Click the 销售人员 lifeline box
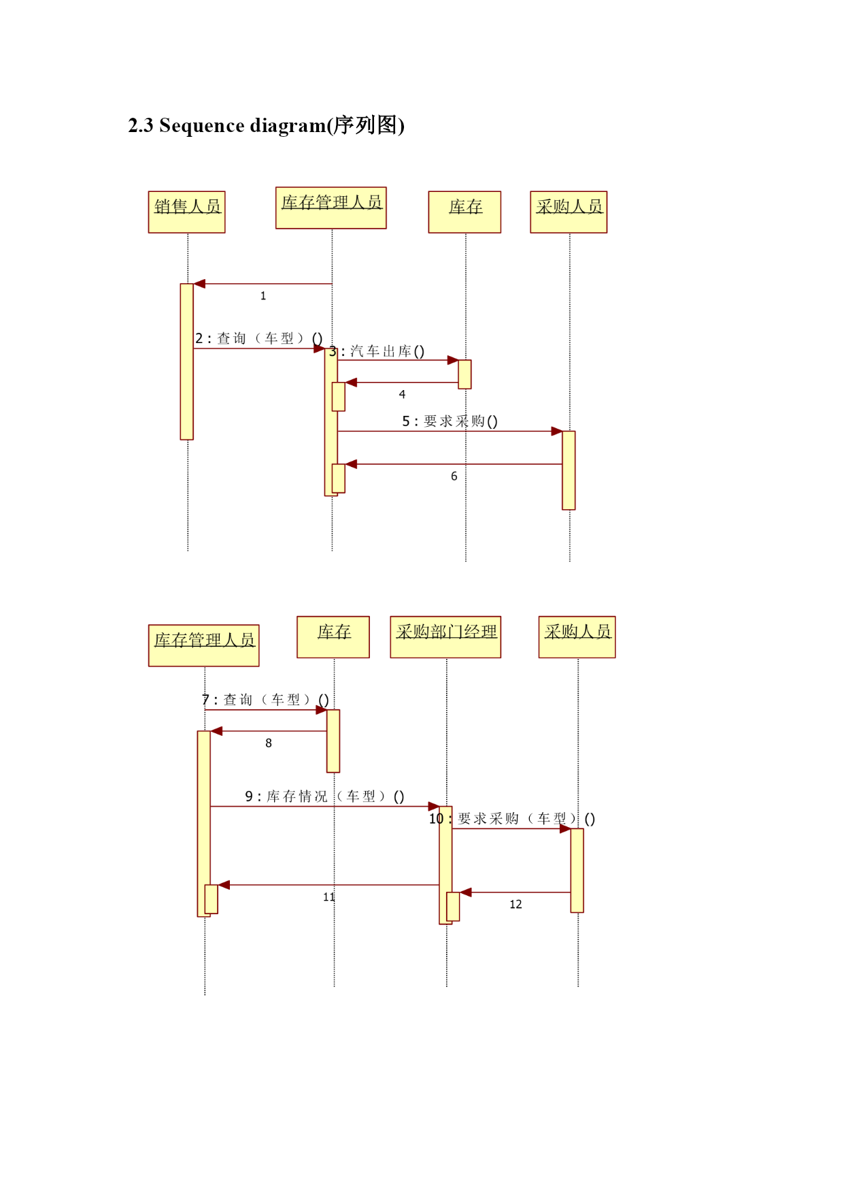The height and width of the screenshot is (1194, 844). (x=186, y=212)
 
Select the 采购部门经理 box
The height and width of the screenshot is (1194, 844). (x=445, y=637)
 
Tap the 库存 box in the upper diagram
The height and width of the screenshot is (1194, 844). (x=465, y=212)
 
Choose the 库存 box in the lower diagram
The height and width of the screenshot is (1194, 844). (x=333, y=637)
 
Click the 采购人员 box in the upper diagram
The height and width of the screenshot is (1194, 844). (x=569, y=212)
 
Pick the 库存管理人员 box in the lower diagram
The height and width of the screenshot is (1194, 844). (x=204, y=645)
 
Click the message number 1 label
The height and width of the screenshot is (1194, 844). (x=263, y=296)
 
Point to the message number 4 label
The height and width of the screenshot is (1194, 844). (x=402, y=394)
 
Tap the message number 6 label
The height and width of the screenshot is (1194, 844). (x=454, y=477)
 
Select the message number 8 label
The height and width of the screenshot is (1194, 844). (x=269, y=743)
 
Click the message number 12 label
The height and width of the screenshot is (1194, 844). (x=516, y=905)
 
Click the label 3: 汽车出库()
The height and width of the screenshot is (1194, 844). (x=377, y=351)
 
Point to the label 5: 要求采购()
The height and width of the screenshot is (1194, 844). (x=450, y=421)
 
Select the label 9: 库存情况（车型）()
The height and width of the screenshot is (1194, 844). (x=324, y=796)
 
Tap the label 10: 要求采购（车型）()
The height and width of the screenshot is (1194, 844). (x=511, y=819)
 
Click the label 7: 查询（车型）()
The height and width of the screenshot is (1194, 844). (x=265, y=700)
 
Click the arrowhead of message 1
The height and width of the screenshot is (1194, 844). (x=199, y=284)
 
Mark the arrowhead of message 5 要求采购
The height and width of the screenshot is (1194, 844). (x=557, y=431)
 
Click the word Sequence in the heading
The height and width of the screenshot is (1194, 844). (x=202, y=126)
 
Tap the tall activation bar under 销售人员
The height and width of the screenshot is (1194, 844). (x=187, y=361)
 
